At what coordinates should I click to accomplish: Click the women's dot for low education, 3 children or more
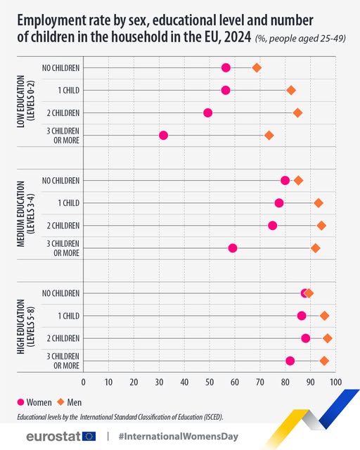coord(163,135)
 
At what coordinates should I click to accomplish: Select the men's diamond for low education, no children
coord(257,67)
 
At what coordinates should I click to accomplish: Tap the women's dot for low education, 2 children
coord(207,112)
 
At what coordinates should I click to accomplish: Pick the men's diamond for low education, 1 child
coord(291,90)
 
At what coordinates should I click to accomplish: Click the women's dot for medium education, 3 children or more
coord(233,247)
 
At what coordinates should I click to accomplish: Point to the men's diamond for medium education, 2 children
coord(321,225)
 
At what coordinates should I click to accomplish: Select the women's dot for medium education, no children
coord(285,180)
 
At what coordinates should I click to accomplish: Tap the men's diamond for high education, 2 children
coord(328,338)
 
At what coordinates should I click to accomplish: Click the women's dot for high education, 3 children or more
coord(290,361)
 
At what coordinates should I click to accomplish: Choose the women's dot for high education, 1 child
coord(302,316)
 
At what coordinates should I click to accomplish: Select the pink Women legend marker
coord(20,402)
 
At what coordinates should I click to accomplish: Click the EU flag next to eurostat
coord(90,436)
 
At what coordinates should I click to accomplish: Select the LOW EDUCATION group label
coord(25,101)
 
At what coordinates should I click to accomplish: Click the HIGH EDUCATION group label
coord(25,327)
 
